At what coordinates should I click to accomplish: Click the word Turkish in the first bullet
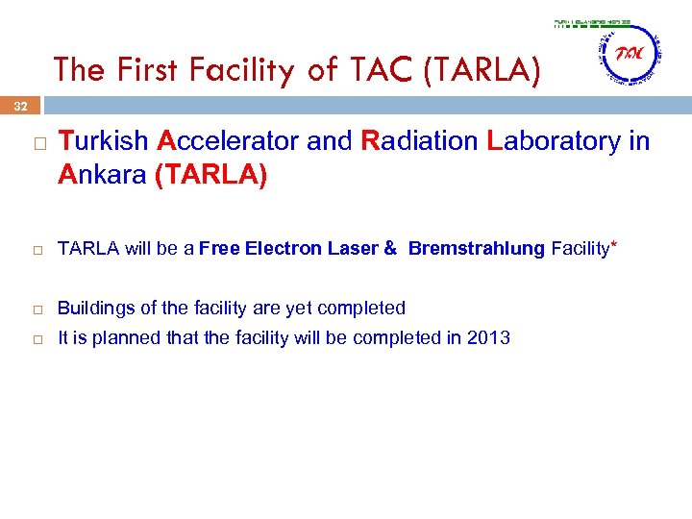coord(103,142)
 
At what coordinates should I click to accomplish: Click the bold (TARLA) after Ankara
coord(210,175)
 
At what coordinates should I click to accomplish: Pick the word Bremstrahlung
coord(477,250)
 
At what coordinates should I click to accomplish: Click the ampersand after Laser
coord(390,250)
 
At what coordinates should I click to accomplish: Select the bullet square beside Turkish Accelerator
coord(36,142)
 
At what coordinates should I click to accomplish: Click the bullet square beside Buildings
coord(36,309)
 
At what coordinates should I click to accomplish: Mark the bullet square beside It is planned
coord(36,338)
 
